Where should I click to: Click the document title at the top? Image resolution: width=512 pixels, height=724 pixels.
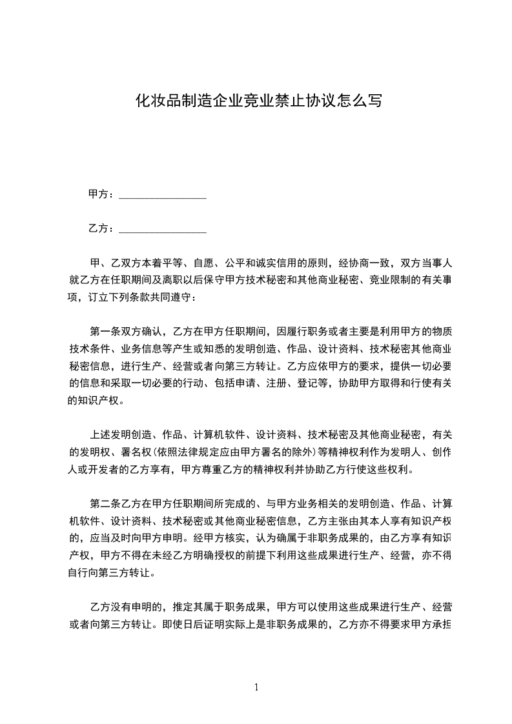(x=256, y=101)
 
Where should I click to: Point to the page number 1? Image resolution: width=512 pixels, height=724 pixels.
(x=256, y=688)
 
